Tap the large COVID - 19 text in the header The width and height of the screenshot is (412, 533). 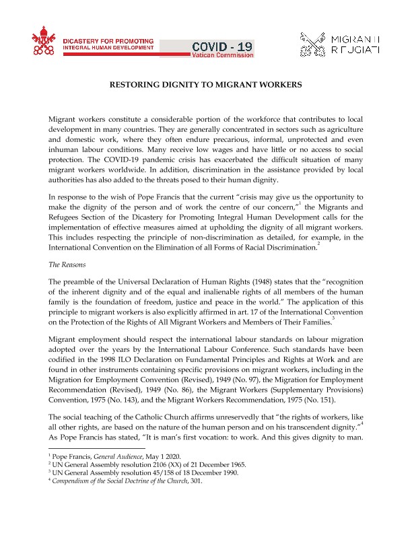[222, 46]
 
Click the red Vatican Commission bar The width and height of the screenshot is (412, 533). [222, 55]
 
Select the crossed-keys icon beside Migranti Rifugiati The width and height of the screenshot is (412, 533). [314, 46]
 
